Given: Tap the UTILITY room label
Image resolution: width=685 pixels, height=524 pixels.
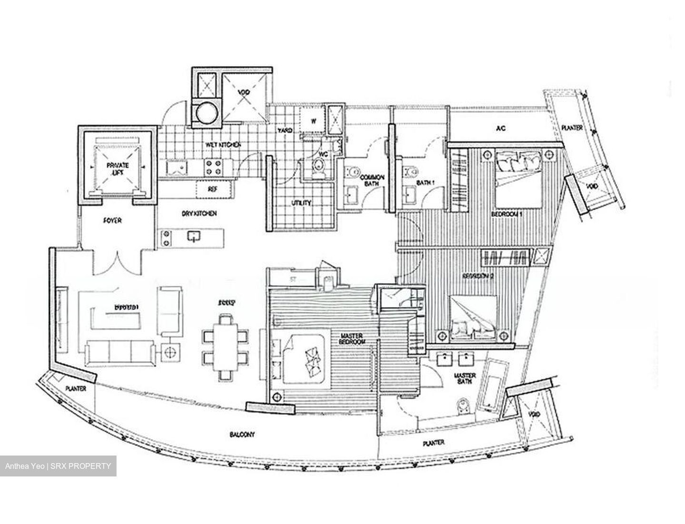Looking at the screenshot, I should click(x=301, y=203).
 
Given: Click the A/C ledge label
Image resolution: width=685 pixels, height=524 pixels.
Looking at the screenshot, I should click(x=500, y=128).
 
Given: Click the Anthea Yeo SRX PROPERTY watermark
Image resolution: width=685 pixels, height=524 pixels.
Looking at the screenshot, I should click(x=58, y=466).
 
